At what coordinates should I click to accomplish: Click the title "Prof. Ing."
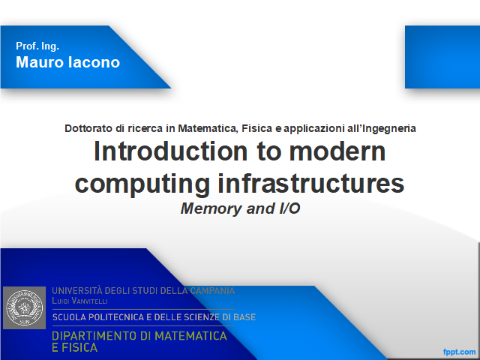(37, 46)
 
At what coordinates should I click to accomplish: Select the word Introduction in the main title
(170, 151)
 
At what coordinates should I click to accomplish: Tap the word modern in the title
(337, 151)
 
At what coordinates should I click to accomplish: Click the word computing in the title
(142, 184)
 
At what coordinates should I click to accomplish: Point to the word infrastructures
(311, 183)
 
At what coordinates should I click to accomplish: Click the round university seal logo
(25, 307)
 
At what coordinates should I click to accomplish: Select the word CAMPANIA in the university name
(212, 290)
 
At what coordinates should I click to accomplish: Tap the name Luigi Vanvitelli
(79, 301)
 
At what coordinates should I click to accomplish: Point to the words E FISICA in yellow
(75, 348)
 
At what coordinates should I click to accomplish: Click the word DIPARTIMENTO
(95, 336)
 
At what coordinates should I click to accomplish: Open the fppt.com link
(459, 352)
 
